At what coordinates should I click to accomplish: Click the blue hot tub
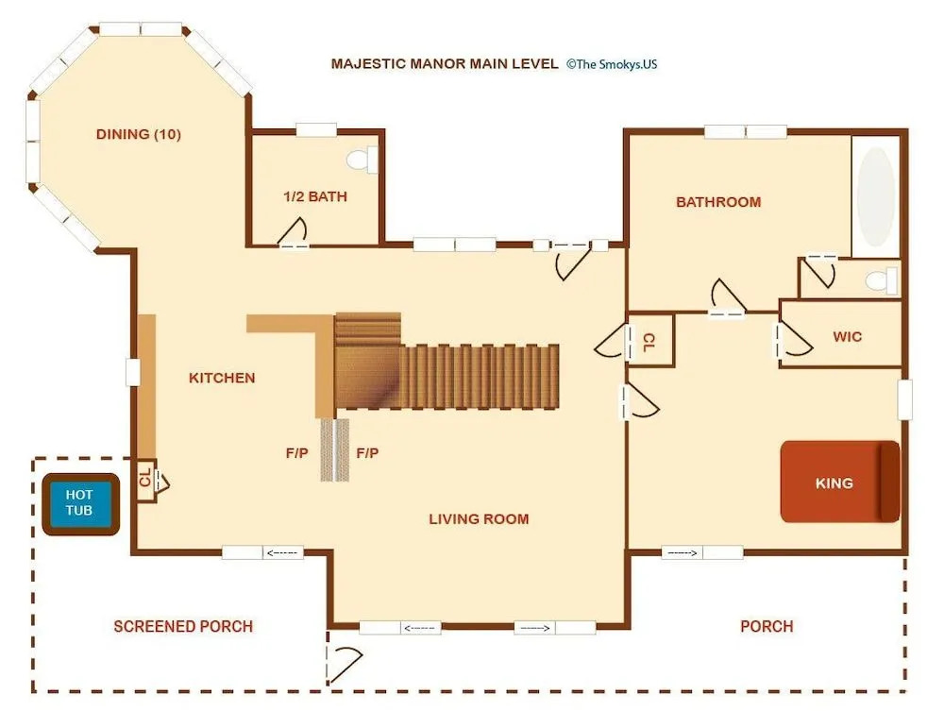point(80,504)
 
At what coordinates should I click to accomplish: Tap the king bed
point(840,482)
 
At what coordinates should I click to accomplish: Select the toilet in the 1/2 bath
point(362,161)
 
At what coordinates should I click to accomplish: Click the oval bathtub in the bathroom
point(876,196)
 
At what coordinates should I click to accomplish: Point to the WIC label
point(847,336)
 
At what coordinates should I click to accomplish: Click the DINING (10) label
point(139,134)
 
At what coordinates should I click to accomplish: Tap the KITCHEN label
point(222,378)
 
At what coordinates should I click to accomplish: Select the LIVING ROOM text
point(479,519)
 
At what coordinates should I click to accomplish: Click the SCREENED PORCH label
point(183,626)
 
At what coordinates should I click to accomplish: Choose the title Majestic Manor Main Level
point(445,64)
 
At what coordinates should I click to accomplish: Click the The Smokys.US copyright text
point(612,64)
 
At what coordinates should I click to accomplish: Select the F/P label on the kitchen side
point(296,452)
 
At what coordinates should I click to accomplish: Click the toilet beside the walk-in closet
point(882,280)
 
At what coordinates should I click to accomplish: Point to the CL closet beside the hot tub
point(145,480)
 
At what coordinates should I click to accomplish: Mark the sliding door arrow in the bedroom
point(683,552)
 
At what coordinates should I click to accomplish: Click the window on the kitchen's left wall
point(133,372)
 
